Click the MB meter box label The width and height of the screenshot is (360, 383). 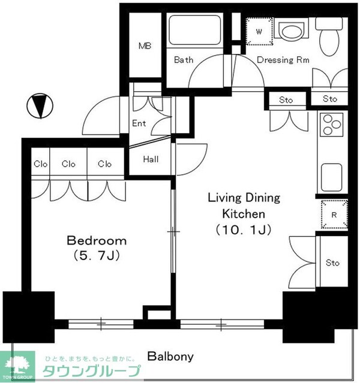(145, 46)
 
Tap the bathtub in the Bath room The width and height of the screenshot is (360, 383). (194, 30)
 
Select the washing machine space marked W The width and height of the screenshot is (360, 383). (259, 31)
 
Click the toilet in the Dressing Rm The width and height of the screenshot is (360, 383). (329, 37)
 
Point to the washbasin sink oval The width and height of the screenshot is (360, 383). (292, 31)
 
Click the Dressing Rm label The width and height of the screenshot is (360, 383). (283, 60)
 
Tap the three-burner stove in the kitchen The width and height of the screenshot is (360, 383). (331, 125)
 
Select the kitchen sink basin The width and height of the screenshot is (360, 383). (332, 177)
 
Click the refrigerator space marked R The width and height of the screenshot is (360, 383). (334, 214)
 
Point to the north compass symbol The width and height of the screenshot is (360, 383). (40, 106)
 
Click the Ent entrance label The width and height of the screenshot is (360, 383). (139, 123)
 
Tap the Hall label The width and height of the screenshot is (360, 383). (151, 159)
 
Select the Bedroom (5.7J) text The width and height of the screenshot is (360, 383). (97, 248)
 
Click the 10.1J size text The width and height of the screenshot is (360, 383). (244, 230)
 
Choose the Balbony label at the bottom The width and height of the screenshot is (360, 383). (170, 357)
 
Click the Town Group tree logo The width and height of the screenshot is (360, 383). (17, 367)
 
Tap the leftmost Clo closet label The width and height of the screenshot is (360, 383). (41, 164)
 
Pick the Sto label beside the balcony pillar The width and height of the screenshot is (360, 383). (332, 263)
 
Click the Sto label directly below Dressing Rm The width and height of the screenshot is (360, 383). (286, 100)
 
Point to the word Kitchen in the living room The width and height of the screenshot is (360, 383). (244, 214)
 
